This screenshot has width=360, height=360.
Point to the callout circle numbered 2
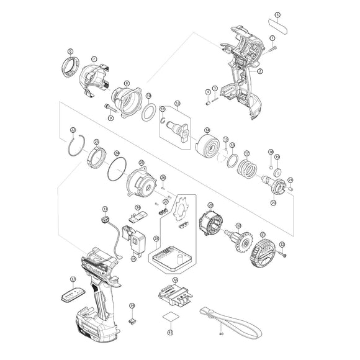(x=260, y=71)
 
